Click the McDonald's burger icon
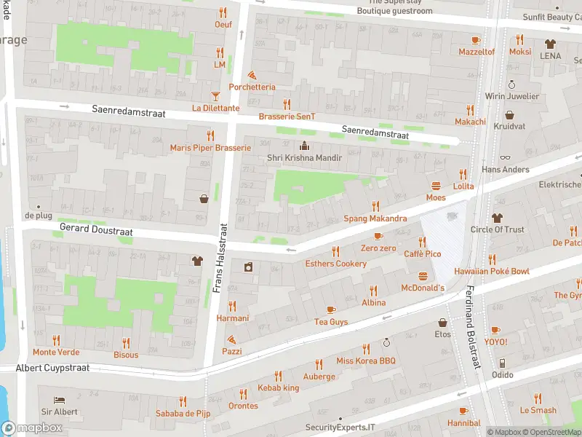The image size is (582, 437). (x=423, y=276)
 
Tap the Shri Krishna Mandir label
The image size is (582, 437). (x=303, y=157)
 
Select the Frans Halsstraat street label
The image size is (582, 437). (x=217, y=259)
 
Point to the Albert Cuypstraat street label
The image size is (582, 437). (x=53, y=368)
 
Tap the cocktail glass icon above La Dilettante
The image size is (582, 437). (x=215, y=96)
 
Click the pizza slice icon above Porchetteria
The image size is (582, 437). (x=252, y=75)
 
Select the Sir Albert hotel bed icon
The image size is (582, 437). (x=59, y=400)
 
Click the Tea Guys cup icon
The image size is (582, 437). (x=331, y=310)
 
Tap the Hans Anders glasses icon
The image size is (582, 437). (x=506, y=157)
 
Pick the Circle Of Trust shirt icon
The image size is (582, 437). (x=497, y=218)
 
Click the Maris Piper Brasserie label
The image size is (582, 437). (x=210, y=148)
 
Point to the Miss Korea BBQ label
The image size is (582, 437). (x=365, y=361)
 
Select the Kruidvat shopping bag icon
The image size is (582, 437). (x=509, y=115)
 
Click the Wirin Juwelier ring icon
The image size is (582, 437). (x=511, y=84)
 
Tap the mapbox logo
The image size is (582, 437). (x=32, y=428)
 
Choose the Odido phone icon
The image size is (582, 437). (x=501, y=363)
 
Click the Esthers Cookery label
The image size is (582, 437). (x=335, y=264)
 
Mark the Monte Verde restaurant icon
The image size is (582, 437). (x=56, y=340)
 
